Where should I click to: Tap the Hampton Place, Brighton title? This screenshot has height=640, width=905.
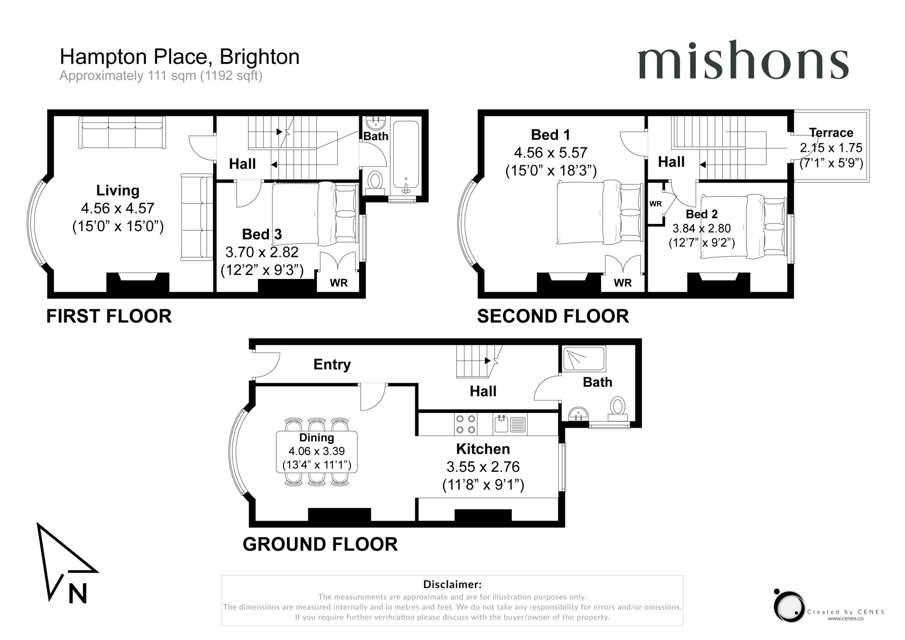(x=180, y=57)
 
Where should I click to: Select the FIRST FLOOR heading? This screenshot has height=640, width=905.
(x=109, y=316)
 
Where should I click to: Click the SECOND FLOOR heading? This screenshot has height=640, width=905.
(x=553, y=316)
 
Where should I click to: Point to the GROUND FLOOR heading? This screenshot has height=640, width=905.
(x=320, y=544)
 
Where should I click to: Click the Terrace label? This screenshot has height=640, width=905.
(x=831, y=133)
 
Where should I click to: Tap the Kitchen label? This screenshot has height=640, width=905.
(x=483, y=449)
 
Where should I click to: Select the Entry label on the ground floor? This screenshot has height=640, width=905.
(x=332, y=364)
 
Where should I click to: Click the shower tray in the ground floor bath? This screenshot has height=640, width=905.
(x=584, y=359)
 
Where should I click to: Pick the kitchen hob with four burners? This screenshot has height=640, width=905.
(x=466, y=424)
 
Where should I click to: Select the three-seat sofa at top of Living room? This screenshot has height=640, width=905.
(x=122, y=132)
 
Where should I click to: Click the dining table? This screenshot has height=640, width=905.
(x=316, y=452)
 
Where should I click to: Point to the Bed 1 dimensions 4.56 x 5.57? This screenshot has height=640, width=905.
(x=551, y=153)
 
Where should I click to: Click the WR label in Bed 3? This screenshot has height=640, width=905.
(x=339, y=283)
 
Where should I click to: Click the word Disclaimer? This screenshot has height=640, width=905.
(x=452, y=584)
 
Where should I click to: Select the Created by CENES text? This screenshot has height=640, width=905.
(x=846, y=612)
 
